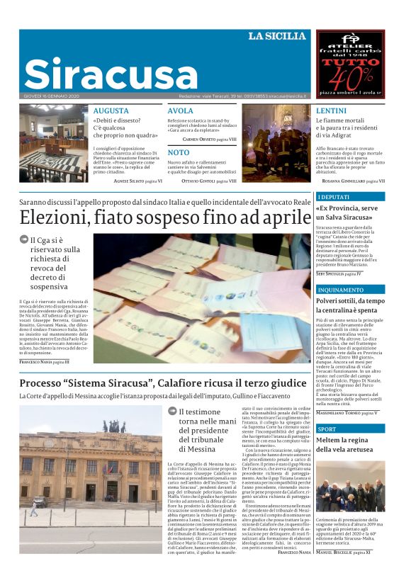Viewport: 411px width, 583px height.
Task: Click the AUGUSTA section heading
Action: pyautogui.click(x=111, y=111)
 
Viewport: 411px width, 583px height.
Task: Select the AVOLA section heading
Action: pyautogui.click(x=180, y=111)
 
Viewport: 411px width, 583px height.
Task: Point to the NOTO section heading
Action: pyautogui.click(x=179, y=152)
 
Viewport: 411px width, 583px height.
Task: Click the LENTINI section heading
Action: pyautogui.click(x=331, y=111)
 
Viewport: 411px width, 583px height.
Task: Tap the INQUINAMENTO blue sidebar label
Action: pyautogui.click(x=340, y=290)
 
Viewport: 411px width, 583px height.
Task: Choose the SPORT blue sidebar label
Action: pyautogui.click(x=327, y=429)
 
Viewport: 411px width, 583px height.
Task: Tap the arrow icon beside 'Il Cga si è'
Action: pyautogui.click(x=25, y=240)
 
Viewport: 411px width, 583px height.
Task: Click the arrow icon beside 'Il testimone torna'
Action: pyautogui.click(x=172, y=411)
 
